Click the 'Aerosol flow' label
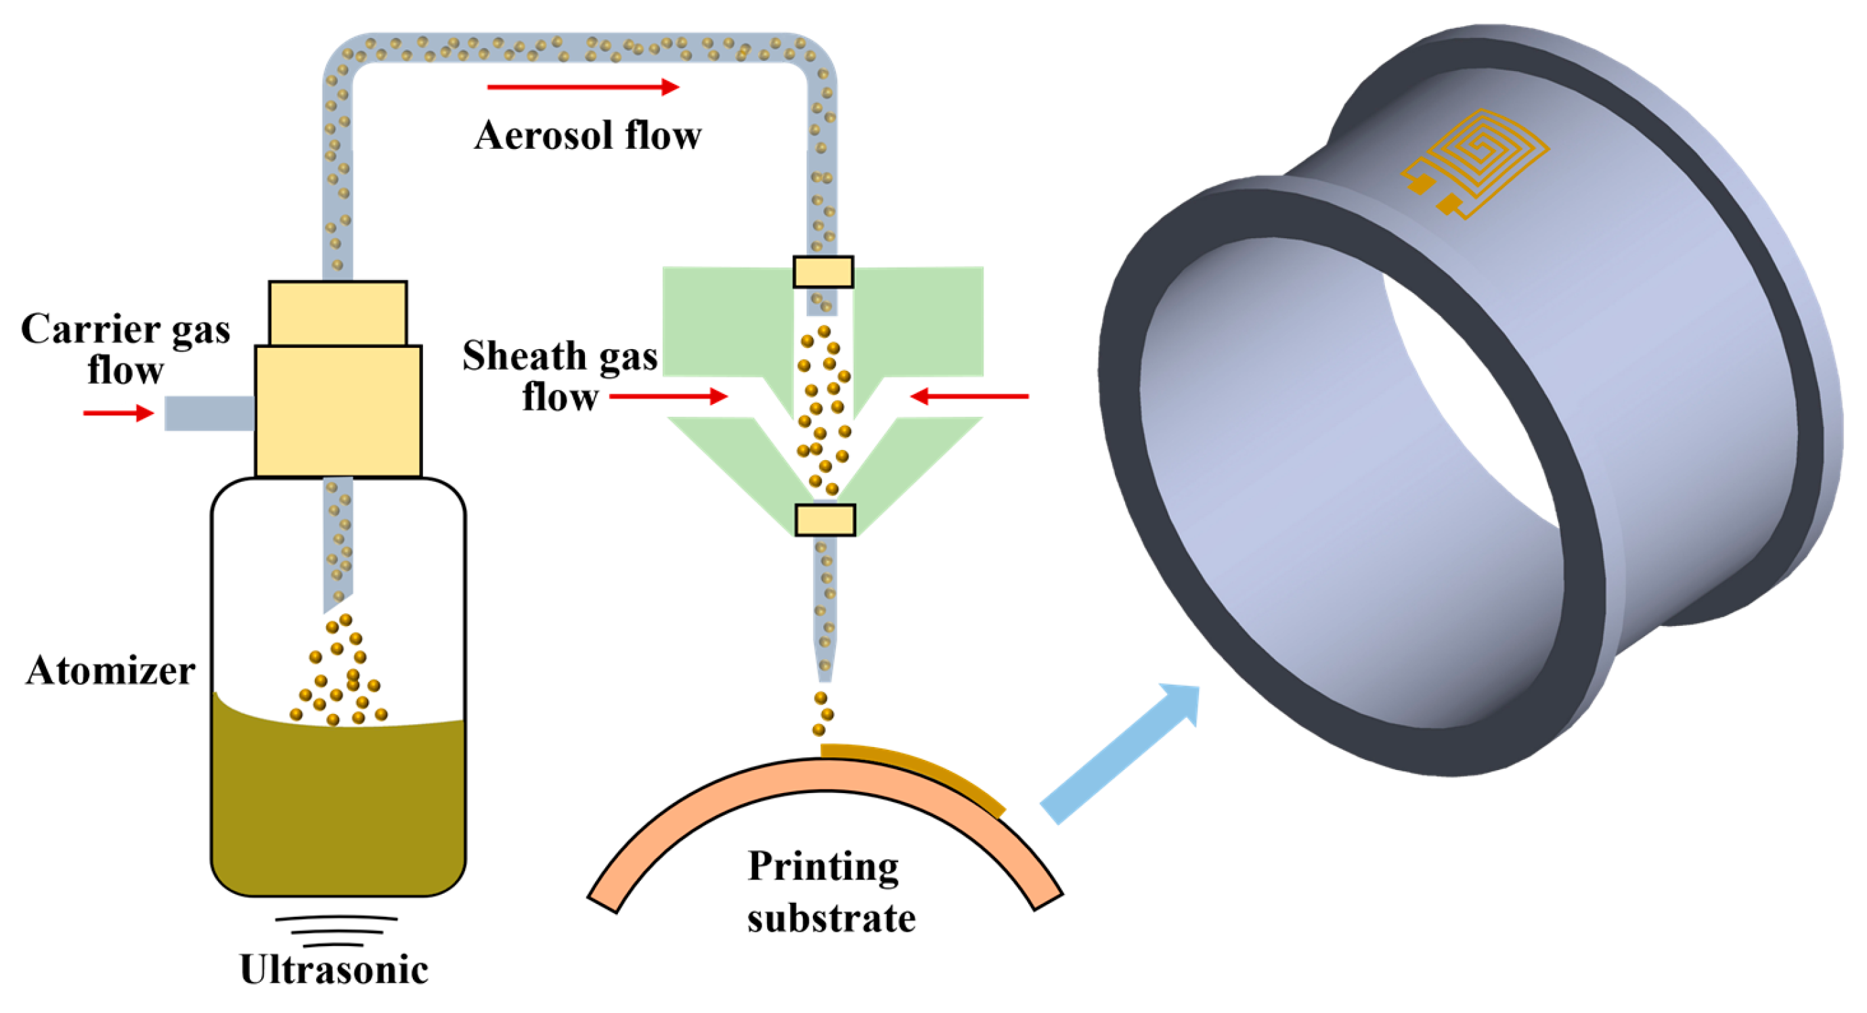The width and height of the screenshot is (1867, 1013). pos(587,135)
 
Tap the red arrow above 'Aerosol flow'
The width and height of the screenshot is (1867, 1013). pos(583,88)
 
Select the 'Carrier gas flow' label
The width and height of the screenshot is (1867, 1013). pos(125,348)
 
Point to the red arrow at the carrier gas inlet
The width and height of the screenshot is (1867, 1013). pos(118,413)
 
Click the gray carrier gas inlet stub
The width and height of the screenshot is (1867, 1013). pos(209,413)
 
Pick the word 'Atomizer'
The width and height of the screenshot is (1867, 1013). pos(110,671)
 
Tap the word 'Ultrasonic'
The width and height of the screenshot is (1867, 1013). pos(334,970)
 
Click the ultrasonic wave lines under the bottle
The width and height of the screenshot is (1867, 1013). pos(336,930)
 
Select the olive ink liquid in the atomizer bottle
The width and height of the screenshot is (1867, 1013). pos(338,805)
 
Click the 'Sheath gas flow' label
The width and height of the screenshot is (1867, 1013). pos(560,376)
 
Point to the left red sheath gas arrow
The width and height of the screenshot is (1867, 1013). pos(667,397)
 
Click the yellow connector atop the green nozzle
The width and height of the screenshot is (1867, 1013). pos(822,273)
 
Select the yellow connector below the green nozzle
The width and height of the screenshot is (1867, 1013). pos(825,520)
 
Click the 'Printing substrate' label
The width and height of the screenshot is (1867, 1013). pos(831,892)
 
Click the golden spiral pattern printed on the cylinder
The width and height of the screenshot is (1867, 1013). pos(1478,163)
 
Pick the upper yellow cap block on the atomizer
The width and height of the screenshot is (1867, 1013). pos(338,313)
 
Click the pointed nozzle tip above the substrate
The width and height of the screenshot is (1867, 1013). pos(825,667)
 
